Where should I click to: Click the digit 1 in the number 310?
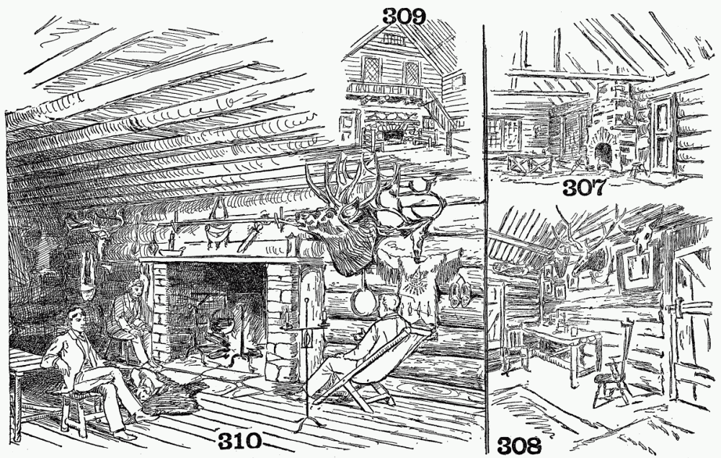[239, 441]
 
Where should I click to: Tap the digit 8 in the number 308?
[533, 446]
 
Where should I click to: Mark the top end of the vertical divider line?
[485, 25]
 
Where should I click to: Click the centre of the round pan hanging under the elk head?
[363, 301]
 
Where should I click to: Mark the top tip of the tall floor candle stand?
[306, 300]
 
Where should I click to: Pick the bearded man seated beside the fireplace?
[130, 317]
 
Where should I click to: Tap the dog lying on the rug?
[147, 382]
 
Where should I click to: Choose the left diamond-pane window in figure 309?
[370, 70]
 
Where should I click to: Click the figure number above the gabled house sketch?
[404, 17]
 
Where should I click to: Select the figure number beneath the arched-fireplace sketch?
[583, 188]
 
